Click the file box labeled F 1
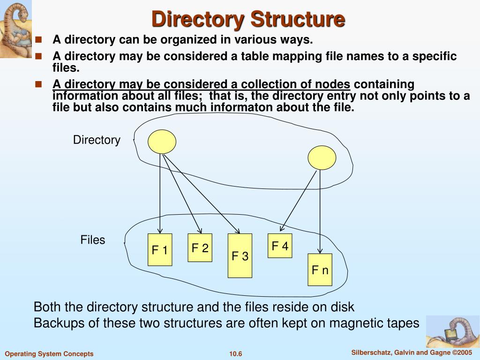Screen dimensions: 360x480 click(160, 250)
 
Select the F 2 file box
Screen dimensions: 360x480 click(200, 248)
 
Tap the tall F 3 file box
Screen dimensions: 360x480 click(240, 256)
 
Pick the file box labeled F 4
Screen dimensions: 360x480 click(280, 246)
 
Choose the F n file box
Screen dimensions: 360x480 click(320, 270)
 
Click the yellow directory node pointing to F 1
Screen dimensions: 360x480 click(162, 141)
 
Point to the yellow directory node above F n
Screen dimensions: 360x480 click(322, 157)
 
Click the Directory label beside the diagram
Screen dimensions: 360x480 click(97, 140)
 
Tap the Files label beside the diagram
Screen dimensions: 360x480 click(93, 240)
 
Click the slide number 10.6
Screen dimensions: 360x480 click(235, 354)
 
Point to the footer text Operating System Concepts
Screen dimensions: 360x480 click(49, 354)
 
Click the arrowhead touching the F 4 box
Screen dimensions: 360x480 click(281, 229)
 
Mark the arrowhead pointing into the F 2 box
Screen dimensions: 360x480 click(200, 231)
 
